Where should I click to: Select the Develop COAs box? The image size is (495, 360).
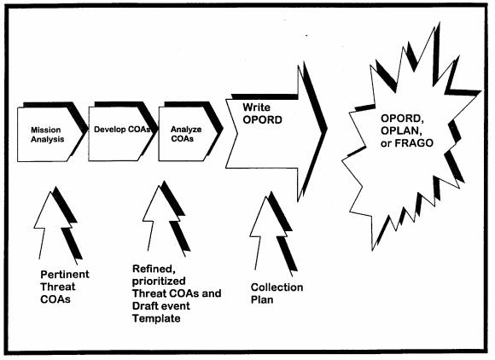(x=121, y=134)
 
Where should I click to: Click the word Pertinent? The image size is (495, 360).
(x=65, y=275)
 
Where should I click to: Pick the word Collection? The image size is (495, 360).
(x=277, y=287)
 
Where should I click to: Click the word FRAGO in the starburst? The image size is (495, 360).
(x=414, y=143)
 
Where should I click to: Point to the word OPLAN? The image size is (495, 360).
(x=400, y=131)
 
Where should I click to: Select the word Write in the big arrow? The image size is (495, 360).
(x=256, y=107)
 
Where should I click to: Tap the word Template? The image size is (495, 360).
(x=156, y=318)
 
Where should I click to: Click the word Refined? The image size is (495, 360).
(x=154, y=269)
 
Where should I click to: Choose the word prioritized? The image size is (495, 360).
(x=159, y=282)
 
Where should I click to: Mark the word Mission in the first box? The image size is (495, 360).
(x=46, y=130)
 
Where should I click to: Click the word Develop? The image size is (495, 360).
(x=109, y=130)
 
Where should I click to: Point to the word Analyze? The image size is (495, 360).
(x=186, y=130)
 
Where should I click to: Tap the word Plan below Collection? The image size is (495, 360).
(x=262, y=299)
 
